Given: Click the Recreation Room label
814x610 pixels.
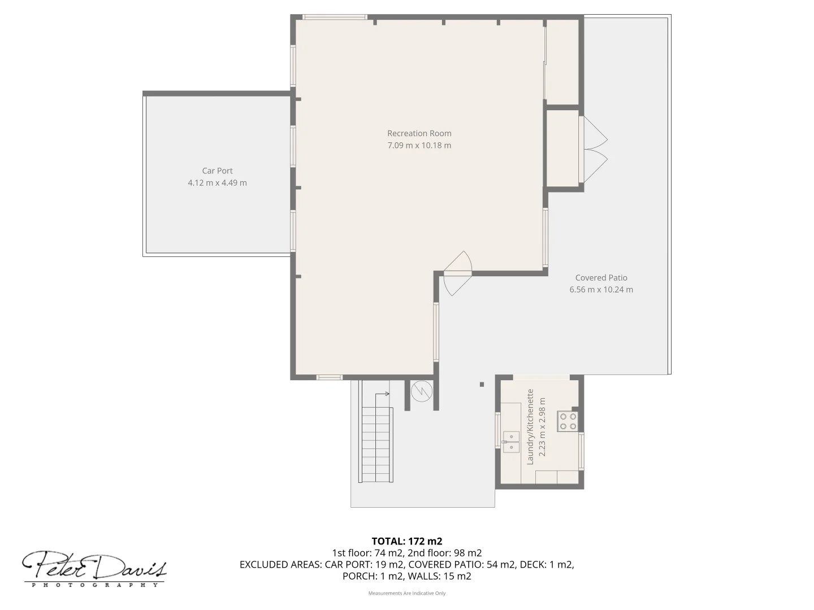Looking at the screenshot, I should pos(419,133).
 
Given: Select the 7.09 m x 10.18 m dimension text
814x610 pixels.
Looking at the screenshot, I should pos(419,145).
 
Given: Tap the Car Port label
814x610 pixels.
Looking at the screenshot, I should pos(217,171).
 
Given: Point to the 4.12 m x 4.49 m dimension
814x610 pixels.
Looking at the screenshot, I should pos(217,182).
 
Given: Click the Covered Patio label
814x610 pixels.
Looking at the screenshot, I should pos(601,277).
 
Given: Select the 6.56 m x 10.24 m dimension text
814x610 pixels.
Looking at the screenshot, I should pos(601,289).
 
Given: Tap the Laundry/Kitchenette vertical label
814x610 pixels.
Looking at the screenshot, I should pos(530,426).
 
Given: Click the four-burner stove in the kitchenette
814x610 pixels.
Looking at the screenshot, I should pos(568,421).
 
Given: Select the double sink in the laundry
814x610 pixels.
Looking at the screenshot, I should pos(511,441).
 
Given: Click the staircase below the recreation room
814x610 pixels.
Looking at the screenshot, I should pos(376,445).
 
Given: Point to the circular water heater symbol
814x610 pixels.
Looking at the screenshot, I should pos(421,391).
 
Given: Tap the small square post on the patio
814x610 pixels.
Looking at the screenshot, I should pos(482,385).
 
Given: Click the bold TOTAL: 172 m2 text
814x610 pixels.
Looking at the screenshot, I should pos(406,541).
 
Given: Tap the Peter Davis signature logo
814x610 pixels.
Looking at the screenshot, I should pos(94,568).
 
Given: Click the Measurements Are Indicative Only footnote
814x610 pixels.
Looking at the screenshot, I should pos(406,593).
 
